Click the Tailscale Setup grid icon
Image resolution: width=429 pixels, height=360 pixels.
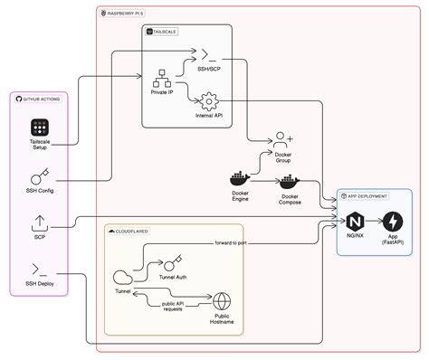click(x=40, y=127)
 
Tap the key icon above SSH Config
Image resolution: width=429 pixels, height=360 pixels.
click(x=41, y=175)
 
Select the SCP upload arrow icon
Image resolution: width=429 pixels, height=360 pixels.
click(x=40, y=223)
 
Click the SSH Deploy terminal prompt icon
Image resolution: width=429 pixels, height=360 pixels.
click(x=41, y=269)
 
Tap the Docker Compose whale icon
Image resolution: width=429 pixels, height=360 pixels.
click(x=290, y=183)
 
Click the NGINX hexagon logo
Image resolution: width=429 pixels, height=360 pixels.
click(x=355, y=222)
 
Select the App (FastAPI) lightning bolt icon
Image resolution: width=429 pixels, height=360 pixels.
click(x=394, y=222)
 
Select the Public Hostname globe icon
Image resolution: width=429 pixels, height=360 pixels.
click(x=222, y=302)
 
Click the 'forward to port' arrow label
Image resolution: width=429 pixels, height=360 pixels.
click(x=234, y=242)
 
